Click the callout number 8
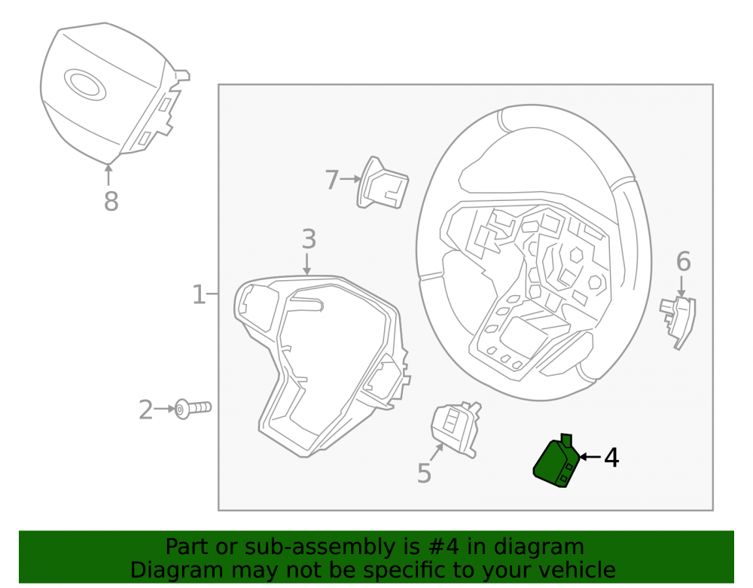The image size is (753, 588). point(111,200)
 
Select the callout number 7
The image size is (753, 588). point(332,180)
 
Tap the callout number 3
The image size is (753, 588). point(309,239)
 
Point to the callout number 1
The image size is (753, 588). point(199,294)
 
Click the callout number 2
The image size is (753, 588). point(145,410)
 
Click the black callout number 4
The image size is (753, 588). point(611,458)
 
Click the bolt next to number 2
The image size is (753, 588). point(193,409)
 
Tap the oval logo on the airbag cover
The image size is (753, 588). point(84,84)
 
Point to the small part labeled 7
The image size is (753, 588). point(383,183)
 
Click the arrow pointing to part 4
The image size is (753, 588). point(590,456)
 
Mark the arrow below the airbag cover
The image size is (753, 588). point(108,174)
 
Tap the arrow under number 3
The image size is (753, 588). point(307,264)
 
